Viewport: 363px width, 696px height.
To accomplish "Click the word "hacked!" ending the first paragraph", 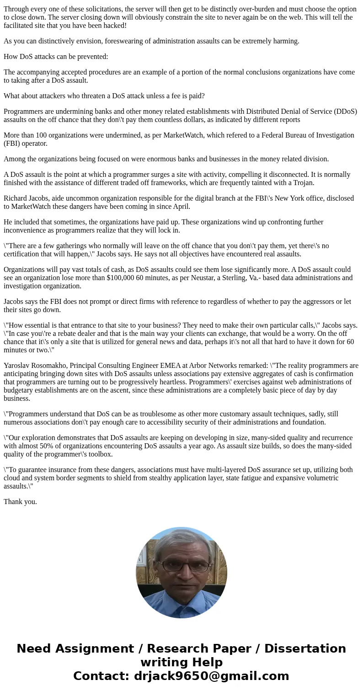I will coord(114,26).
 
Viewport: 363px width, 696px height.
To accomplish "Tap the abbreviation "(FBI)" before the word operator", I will coord(13,143).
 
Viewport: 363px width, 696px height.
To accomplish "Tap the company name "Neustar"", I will coord(222,278).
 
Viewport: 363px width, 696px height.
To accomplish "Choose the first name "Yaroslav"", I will coord(18,366).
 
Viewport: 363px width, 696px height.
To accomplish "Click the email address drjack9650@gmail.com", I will coord(211,676).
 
